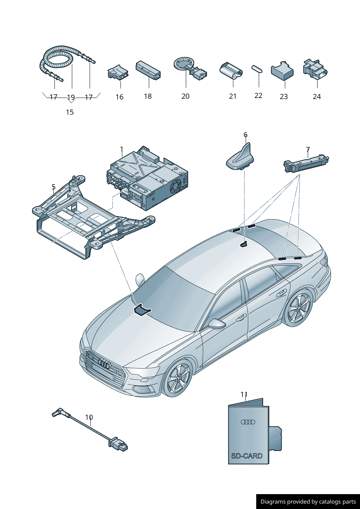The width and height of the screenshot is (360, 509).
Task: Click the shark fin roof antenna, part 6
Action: (240, 158)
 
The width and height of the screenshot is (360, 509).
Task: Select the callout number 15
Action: (70, 112)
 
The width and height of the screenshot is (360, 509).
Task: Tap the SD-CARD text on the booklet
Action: (247, 456)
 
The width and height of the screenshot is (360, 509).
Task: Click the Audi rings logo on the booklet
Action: (248, 422)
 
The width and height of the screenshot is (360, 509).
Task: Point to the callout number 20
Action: (185, 96)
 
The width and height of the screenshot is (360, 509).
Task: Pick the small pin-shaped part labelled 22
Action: (257, 69)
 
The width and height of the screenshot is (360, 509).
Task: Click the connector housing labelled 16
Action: (118, 73)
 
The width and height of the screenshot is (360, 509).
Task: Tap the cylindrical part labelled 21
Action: (231, 70)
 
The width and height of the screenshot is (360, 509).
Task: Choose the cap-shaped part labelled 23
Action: (282, 71)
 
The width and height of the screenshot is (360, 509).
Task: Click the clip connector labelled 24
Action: (315, 69)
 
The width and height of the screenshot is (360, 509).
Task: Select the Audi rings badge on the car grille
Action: (104, 365)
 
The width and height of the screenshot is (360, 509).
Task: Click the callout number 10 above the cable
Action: (89, 417)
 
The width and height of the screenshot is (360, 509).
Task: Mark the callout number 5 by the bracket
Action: (53, 187)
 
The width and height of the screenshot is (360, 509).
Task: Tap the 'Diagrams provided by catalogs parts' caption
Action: (308, 501)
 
